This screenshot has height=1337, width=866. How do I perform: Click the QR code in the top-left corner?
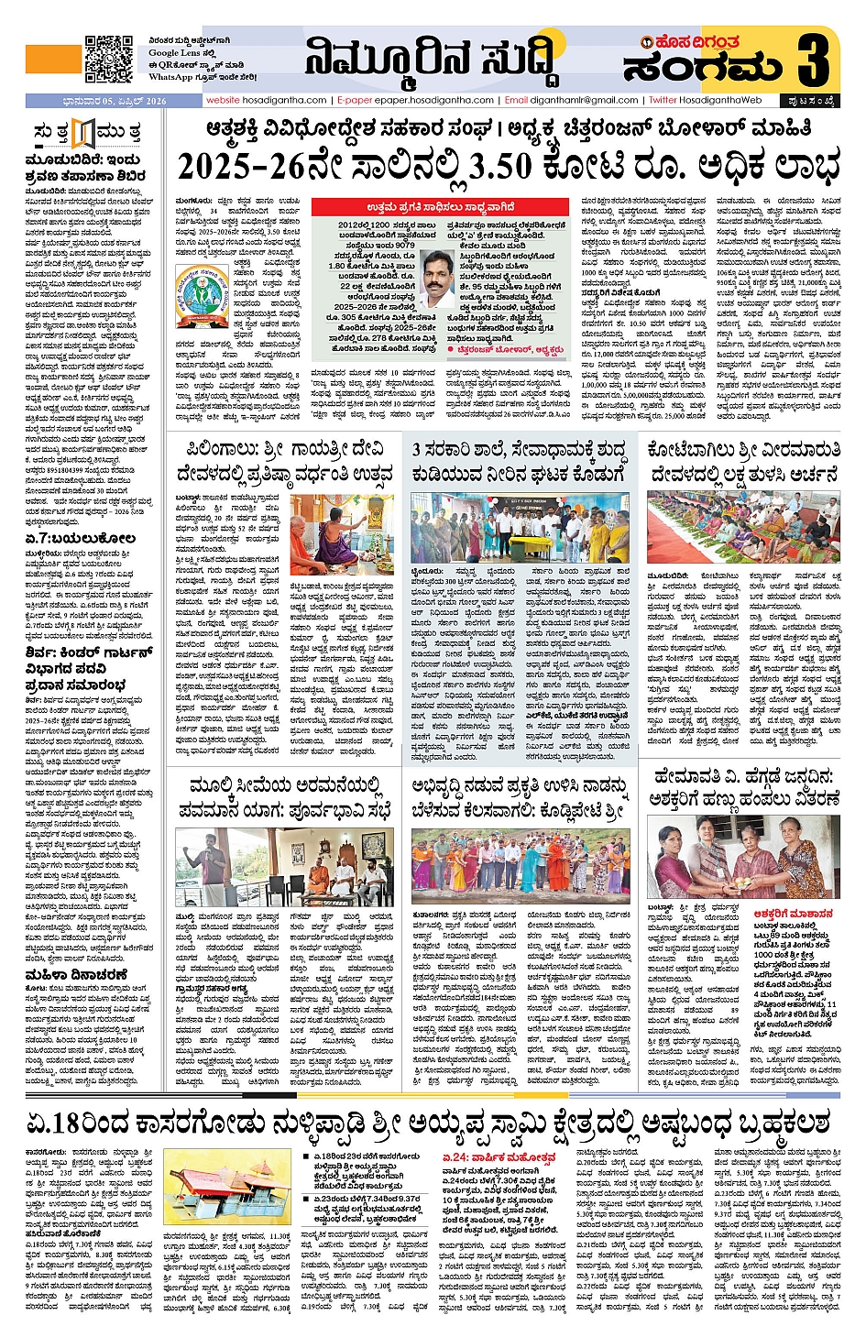(x=109, y=60)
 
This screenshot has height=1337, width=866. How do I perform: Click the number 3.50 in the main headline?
(x=500, y=168)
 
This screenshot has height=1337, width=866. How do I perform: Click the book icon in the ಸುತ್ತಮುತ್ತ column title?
(x=83, y=134)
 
